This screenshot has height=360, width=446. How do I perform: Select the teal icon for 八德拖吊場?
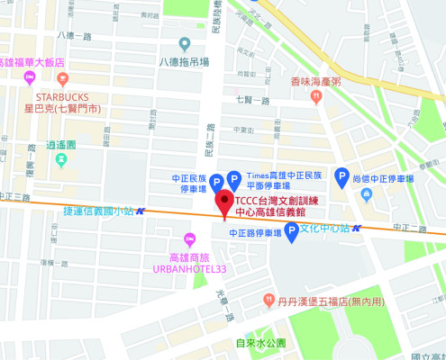click(185, 43)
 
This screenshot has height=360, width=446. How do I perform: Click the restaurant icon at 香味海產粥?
click(316, 94)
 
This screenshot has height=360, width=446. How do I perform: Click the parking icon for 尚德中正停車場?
click(342, 177)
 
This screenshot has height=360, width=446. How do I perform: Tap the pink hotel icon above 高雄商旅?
click(188, 238)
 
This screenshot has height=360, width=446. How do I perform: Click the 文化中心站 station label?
click(324, 227)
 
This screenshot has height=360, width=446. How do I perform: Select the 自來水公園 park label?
click(260, 342)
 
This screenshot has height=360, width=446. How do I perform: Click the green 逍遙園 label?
click(61, 144)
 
